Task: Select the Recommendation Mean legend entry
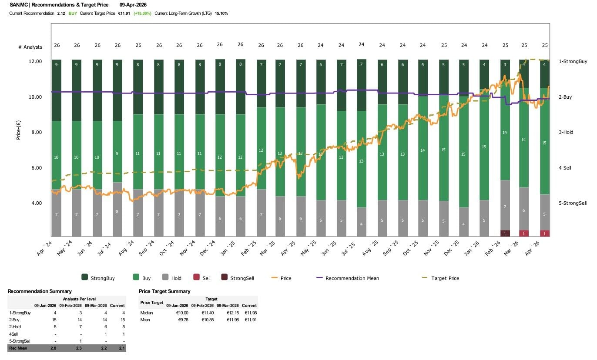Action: click(352, 278)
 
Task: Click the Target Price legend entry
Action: click(445, 278)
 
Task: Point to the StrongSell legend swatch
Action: click(225, 278)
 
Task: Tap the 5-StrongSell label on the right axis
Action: click(573, 203)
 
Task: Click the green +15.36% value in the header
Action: click(142, 13)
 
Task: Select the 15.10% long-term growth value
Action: click(221, 13)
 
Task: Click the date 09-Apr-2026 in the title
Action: click(136, 5)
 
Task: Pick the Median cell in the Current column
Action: click(250, 313)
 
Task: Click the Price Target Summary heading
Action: click(164, 291)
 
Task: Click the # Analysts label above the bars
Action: click(30, 47)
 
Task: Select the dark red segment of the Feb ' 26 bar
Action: click(505, 233)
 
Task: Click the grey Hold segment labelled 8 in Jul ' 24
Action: click(117, 212)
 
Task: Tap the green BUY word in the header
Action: click(73, 13)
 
